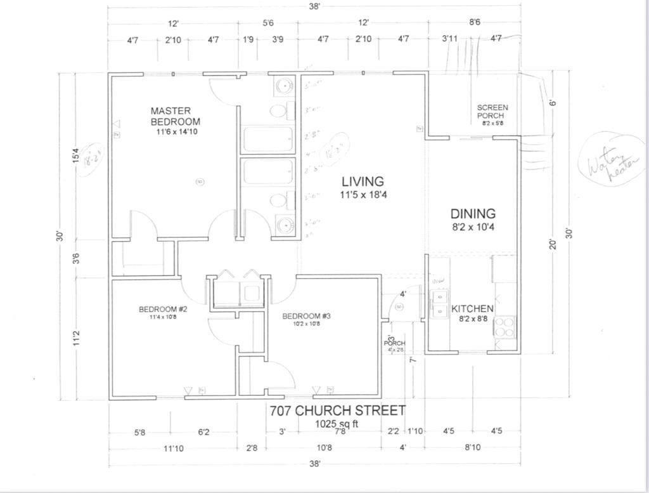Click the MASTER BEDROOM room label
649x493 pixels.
click(x=175, y=116)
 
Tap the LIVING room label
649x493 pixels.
click(x=363, y=182)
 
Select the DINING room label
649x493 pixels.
click(x=473, y=214)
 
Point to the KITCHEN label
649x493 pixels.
click(x=472, y=309)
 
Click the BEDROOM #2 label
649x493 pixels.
click(x=163, y=310)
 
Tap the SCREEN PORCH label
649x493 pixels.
click(x=492, y=112)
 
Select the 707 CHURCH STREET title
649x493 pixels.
click(x=337, y=411)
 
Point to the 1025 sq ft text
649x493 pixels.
click(x=337, y=423)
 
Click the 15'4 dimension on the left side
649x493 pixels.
click(x=76, y=155)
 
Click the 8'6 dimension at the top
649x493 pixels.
click(x=474, y=23)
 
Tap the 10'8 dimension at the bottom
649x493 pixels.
click(x=324, y=448)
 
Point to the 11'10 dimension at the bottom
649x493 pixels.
click(x=174, y=448)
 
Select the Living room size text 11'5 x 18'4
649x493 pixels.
click(x=363, y=195)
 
